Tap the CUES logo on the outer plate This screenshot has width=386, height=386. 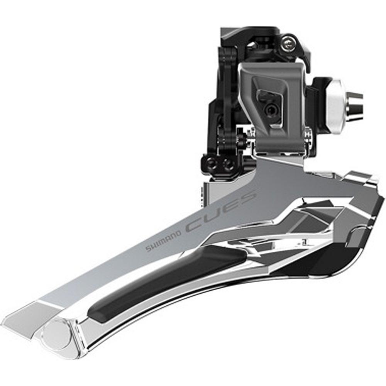point(221,212)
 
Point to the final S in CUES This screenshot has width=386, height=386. point(246,200)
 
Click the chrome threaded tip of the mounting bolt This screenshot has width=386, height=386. point(354,105)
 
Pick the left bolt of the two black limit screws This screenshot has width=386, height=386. point(212,163)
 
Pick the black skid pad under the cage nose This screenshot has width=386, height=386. point(328,262)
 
